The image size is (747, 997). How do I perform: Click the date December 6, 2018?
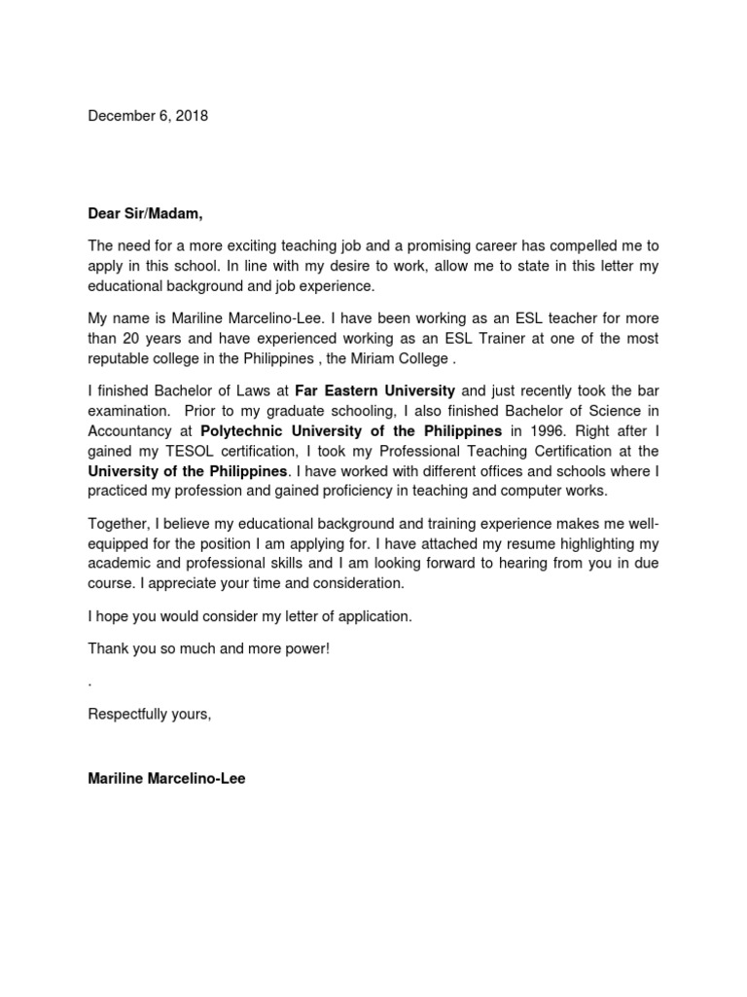coord(148,116)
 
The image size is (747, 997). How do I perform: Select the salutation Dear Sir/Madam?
coord(145,214)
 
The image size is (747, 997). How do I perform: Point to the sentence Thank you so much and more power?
coord(209,647)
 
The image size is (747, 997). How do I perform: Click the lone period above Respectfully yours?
coord(89,683)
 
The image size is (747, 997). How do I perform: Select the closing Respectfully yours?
coord(149,714)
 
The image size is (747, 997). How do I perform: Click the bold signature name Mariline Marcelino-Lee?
coord(166,779)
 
